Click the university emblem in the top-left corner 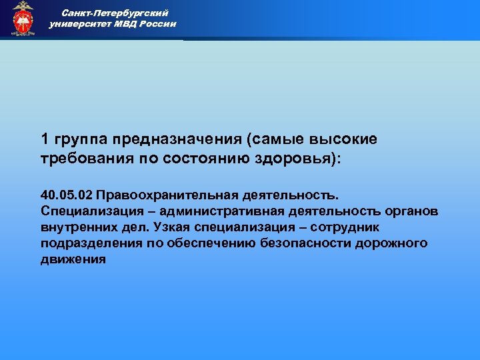tap(23, 19)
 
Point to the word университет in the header tap(79, 24)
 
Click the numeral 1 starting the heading tap(45, 139)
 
